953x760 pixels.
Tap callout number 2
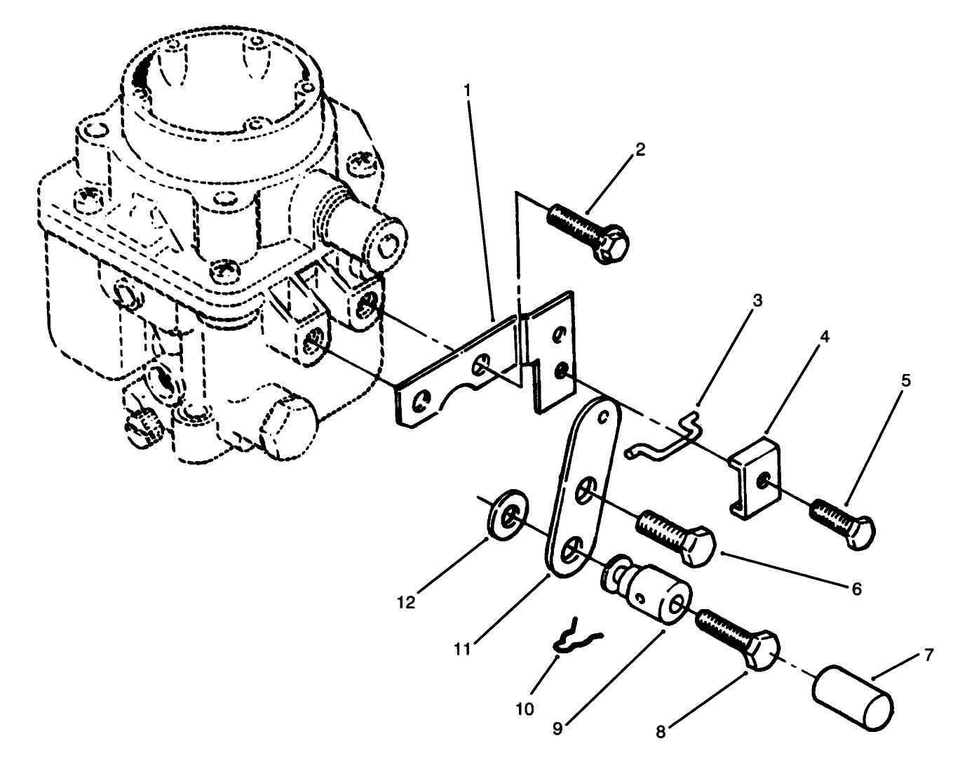pyautogui.click(x=640, y=150)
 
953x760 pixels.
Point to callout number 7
pyautogui.click(x=928, y=656)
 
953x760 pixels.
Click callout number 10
pyautogui.click(x=525, y=709)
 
